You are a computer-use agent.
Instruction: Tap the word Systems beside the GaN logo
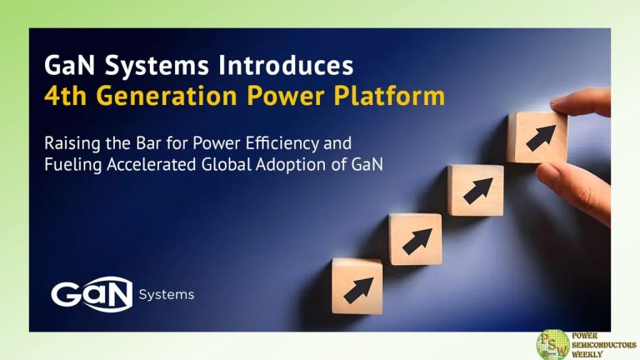tap(166, 295)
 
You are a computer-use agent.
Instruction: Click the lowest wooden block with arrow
tap(357, 286)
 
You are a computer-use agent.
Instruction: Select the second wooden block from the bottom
tap(415, 239)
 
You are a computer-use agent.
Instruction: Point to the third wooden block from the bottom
tap(475, 190)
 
